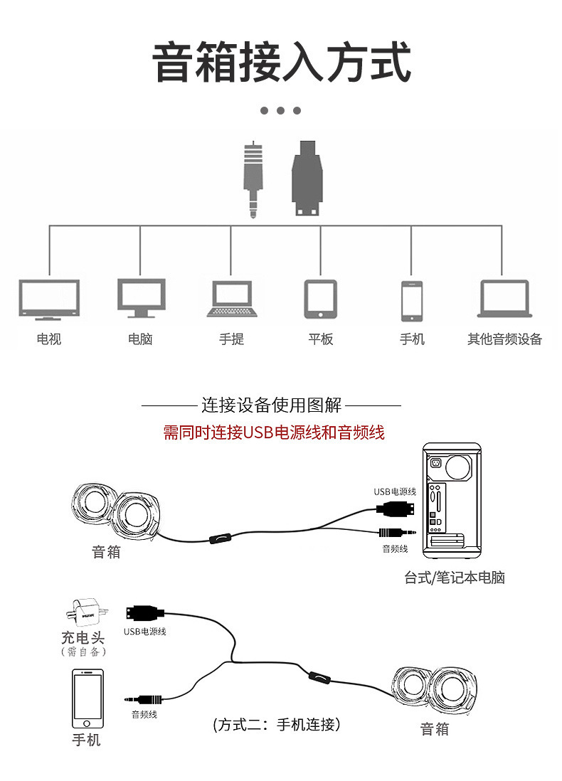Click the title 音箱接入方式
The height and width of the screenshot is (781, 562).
point(281,63)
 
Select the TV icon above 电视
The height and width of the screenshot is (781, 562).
point(48,299)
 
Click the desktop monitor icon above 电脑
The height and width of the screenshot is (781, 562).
point(141,298)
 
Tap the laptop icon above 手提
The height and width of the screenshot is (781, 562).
point(231,299)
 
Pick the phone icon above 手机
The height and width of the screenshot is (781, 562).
point(411,301)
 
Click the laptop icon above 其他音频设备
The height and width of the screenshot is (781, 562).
point(504,299)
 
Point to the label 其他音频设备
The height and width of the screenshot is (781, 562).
point(504,339)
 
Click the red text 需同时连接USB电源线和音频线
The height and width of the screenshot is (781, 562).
point(274,432)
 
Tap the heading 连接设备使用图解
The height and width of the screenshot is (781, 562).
point(271,405)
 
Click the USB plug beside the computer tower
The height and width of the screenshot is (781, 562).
point(396,508)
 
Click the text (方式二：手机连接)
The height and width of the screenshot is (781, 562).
point(277,725)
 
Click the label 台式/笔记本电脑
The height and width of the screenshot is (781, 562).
point(455,578)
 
